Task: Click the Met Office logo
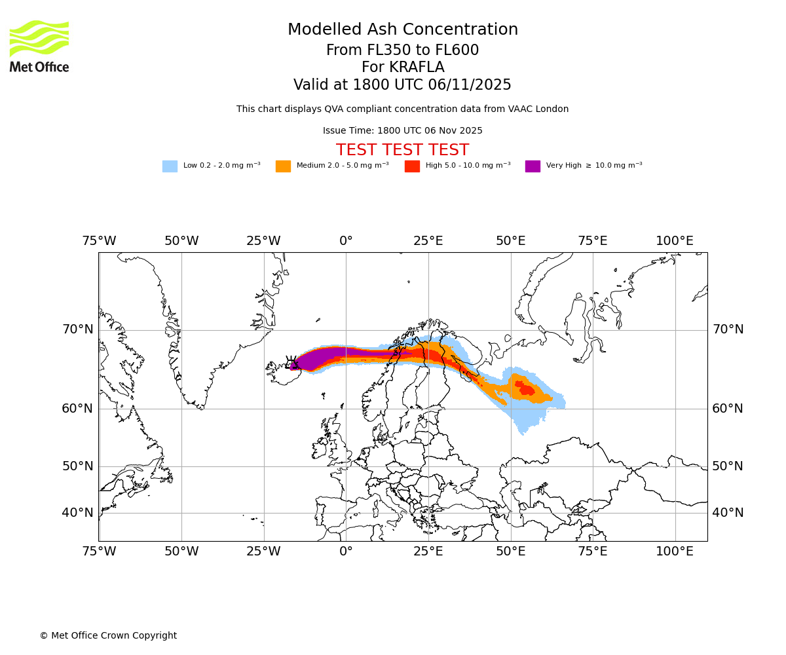coord(39,46)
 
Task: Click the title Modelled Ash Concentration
coord(403,30)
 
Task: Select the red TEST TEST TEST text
coord(402,151)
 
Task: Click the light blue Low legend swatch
coord(170,166)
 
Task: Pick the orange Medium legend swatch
coord(283,166)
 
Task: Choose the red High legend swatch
coord(412,166)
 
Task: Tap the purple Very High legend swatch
coord(533,166)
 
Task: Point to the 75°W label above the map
coord(99,241)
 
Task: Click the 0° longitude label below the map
coord(346,552)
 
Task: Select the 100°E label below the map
coord(675,552)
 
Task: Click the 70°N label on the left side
coord(78,329)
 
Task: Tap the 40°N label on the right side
coord(728,513)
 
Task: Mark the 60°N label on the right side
coord(728,409)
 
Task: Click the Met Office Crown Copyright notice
coord(108,636)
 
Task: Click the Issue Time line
coord(402,131)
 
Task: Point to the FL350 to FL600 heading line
coord(402,50)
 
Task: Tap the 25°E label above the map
coord(428,241)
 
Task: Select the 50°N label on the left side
coord(78,466)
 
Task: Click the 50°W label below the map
coord(181,552)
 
